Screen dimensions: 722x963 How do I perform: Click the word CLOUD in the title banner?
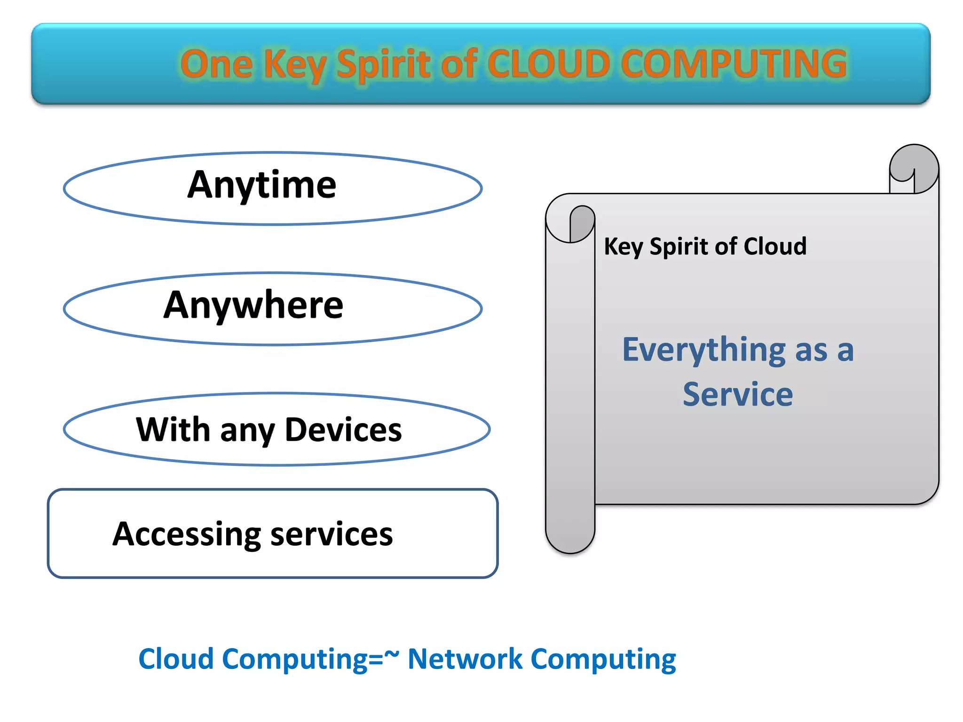pyautogui.click(x=549, y=64)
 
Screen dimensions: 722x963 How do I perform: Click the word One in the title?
pyautogui.click(x=217, y=64)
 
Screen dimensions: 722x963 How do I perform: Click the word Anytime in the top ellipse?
pyautogui.click(x=261, y=185)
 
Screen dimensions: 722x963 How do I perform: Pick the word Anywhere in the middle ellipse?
pyautogui.click(x=253, y=306)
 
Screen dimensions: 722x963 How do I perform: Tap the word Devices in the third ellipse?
pyautogui.click(x=343, y=430)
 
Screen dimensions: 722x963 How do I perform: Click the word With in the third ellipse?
pyautogui.click(x=173, y=430)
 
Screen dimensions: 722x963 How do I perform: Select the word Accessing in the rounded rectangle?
pyautogui.click(x=187, y=534)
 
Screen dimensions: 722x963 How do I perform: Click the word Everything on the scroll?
pyautogui.click(x=703, y=351)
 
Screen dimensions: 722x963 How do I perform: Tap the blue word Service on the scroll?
pyautogui.click(x=737, y=394)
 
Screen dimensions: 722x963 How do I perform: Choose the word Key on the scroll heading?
pyautogui.click(x=624, y=247)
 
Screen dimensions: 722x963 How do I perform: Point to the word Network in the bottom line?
pyautogui.click(x=465, y=659)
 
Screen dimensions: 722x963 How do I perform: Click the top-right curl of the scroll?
pyautogui.click(x=914, y=168)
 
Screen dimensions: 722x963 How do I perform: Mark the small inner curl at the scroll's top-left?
pyautogui.click(x=582, y=223)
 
